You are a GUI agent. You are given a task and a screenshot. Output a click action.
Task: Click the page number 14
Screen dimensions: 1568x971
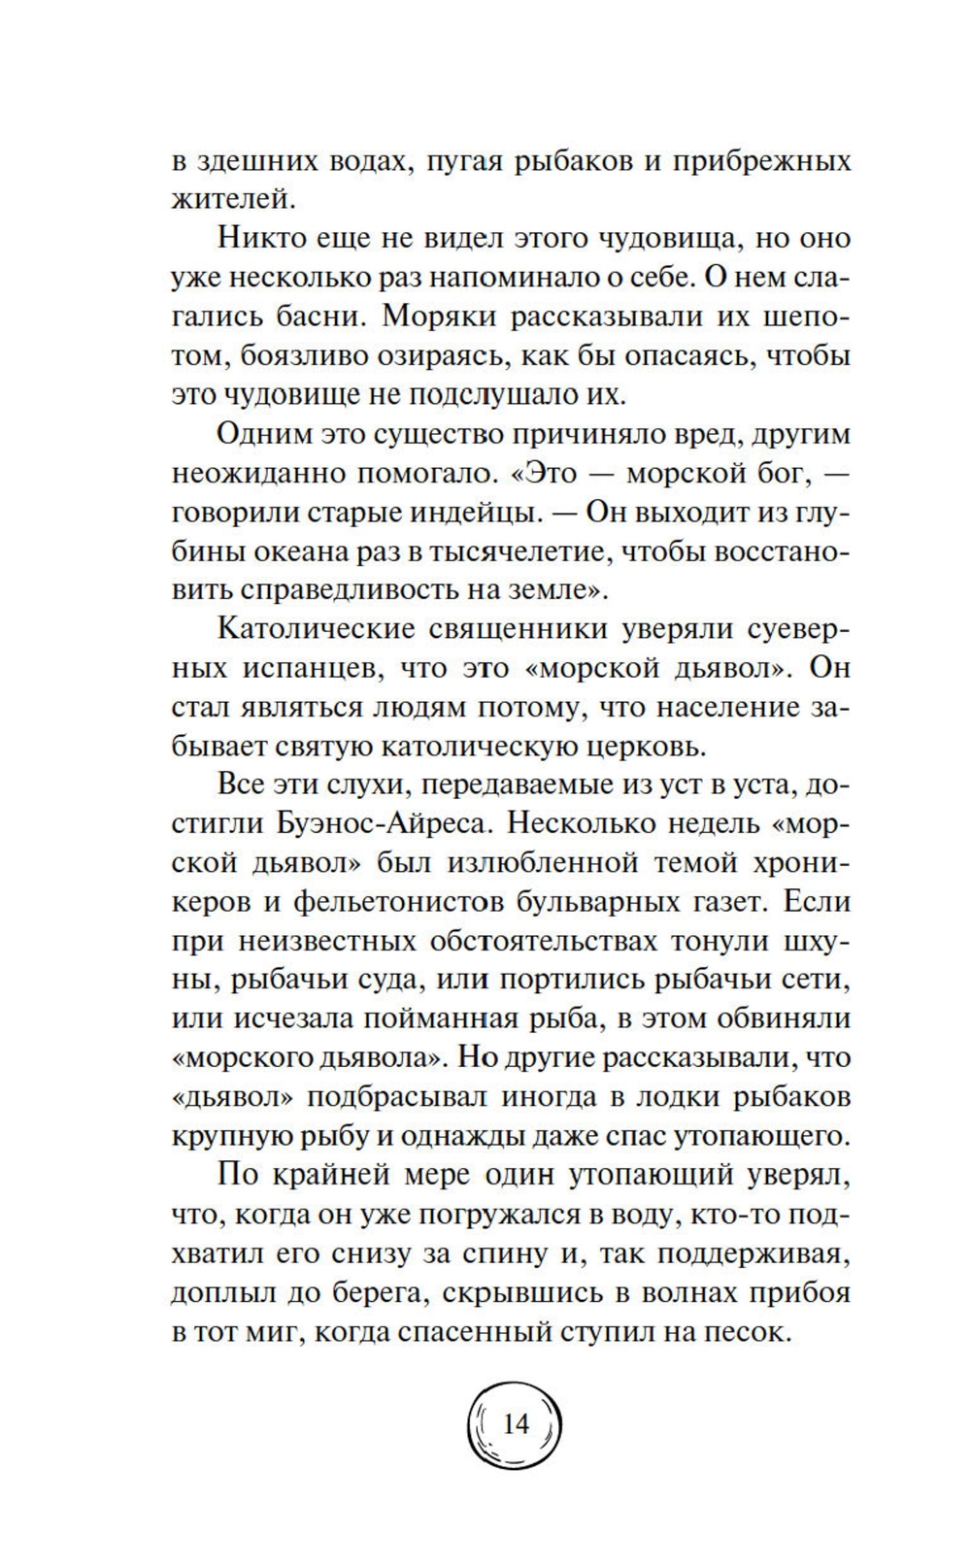516,1424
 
